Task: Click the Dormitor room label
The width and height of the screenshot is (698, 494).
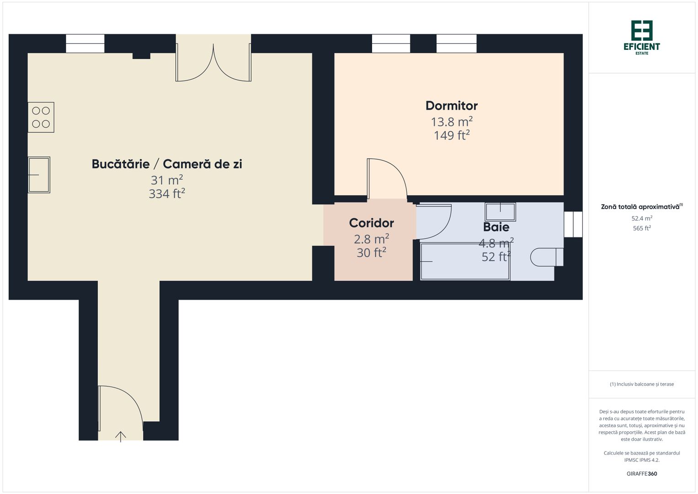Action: tap(452, 106)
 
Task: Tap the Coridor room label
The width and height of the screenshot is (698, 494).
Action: tap(371, 223)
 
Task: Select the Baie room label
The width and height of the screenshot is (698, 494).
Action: tap(496, 227)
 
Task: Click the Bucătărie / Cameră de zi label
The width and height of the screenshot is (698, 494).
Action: tap(167, 164)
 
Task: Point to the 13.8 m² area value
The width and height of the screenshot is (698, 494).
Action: tap(452, 122)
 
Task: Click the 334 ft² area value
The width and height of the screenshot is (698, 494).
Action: tap(167, 194)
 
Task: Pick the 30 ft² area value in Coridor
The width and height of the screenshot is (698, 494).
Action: tap(371, 252)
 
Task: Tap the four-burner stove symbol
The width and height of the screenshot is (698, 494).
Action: tap(41, 117)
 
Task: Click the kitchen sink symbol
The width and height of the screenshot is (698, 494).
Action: tap(39, 175)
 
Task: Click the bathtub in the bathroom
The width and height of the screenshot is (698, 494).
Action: tap(465, 262)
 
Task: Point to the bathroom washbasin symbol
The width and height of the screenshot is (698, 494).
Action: tap(500, 212)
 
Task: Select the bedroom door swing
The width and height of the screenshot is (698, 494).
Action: tap(387, 178)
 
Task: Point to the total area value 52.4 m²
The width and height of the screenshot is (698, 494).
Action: tap(642, 219)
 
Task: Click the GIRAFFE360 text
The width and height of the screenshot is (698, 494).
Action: tap(642, 474)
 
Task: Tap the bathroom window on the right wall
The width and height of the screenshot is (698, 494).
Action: tap(573, 224)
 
